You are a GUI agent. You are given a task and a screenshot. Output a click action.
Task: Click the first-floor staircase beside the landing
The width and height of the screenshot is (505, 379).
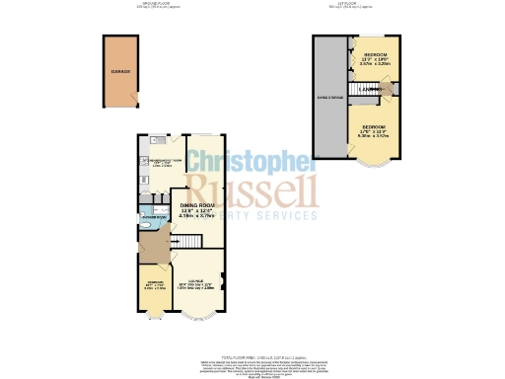[387, 90]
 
